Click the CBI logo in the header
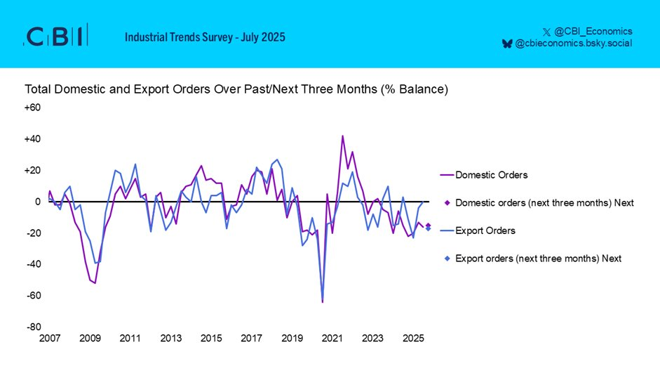[56, 36]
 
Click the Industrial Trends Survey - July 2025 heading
[205, 37]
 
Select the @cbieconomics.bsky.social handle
[573, 44]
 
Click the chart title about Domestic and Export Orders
[236, 90]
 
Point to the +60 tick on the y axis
[34, 108]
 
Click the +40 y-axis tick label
[34, 139]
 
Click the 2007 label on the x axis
[50, 339]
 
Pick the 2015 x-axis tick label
[211, 339]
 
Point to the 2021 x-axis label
[332, 339]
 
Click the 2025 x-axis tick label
[413, 339]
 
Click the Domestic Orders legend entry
[491, 174]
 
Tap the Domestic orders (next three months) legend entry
[544, 202]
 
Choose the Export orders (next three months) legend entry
[538, 259]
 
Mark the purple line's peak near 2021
[342, 136]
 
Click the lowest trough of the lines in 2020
[323, 302]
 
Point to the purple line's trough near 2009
[95, 282]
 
